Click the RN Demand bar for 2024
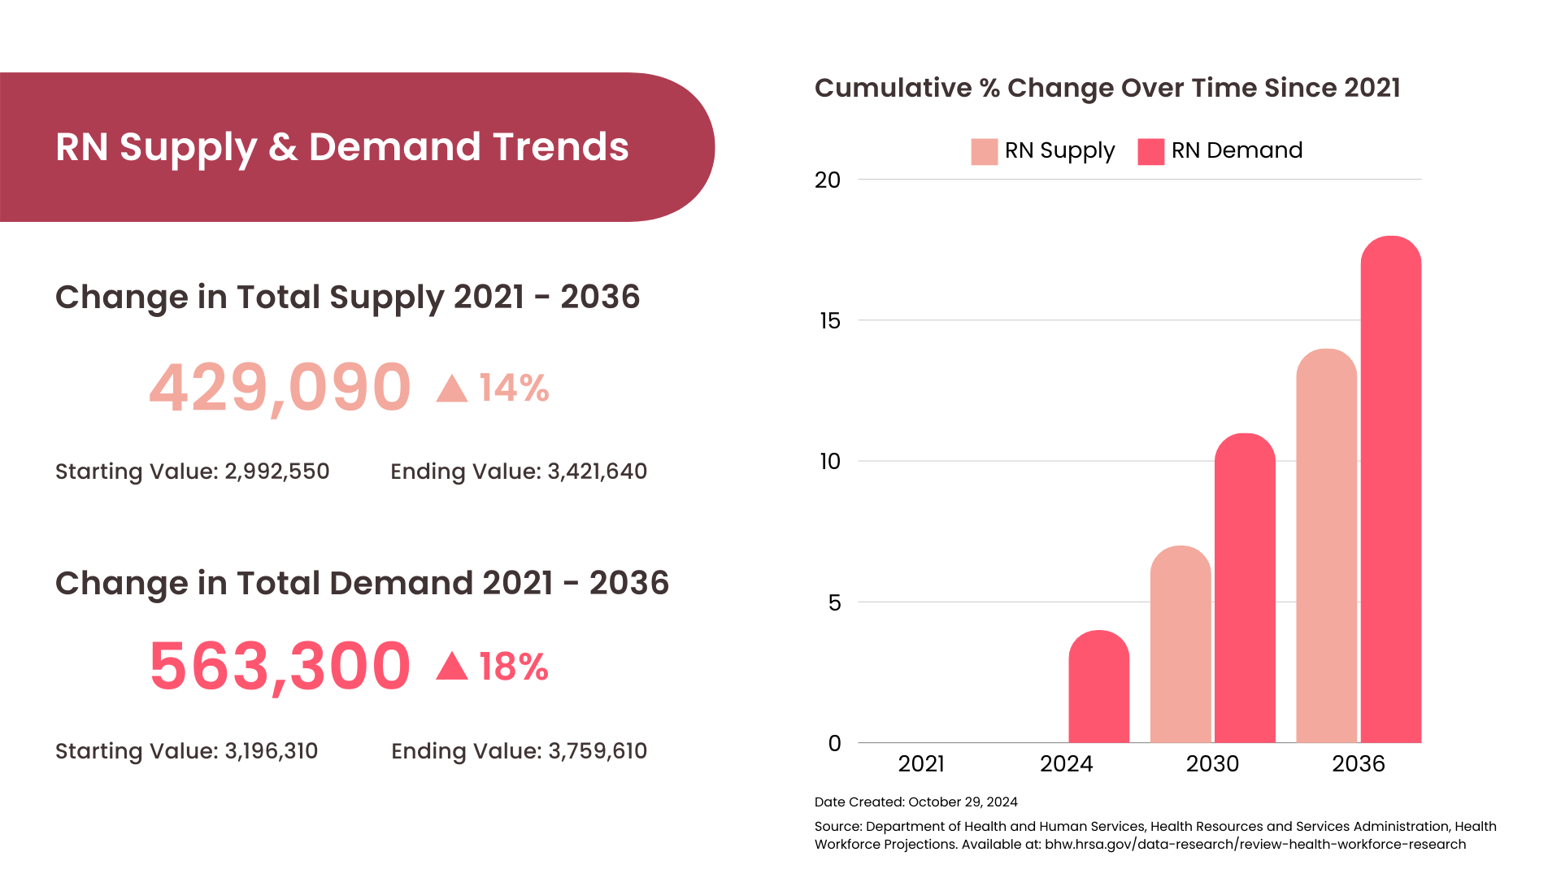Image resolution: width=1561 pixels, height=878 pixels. click(x=1098, y=687)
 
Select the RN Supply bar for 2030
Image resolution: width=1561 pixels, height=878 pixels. click(x=1180, y=644)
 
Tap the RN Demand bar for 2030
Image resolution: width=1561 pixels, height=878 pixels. click(x=1245, y=588)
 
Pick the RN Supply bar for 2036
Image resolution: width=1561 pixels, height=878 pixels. click(x=1326, y=545)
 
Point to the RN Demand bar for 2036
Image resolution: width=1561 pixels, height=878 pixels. click(x=1390, y=489)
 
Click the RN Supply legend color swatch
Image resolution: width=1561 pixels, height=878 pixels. click(x=984, y=151)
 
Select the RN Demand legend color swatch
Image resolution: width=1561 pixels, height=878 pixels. click(x=1150, y=151)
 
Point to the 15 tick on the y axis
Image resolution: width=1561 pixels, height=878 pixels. click(x=829, y=321)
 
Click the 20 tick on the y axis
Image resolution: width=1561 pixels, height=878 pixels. click(x=828, y=180)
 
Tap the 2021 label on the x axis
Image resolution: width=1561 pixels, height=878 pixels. click(x=921, y=764)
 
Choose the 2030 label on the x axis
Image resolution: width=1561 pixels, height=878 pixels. click(x=1212, y=764)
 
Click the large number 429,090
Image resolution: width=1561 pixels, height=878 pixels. click(x=280, y=388)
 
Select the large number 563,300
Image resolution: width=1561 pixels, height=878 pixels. click(x=280, y=667)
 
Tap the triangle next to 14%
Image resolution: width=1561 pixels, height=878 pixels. click(x=452, y=389)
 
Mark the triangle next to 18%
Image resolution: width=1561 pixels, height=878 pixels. click(x=452, y=667)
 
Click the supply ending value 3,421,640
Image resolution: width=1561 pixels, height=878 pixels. click(x=597, y=472)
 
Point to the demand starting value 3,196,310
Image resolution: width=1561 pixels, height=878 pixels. click(x=271, y=751)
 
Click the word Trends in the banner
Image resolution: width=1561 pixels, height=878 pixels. click(x=560, y=147)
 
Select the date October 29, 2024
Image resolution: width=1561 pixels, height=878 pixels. click(x=963, y=802)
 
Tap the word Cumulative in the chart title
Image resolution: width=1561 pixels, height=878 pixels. click(x=893, y=88)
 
